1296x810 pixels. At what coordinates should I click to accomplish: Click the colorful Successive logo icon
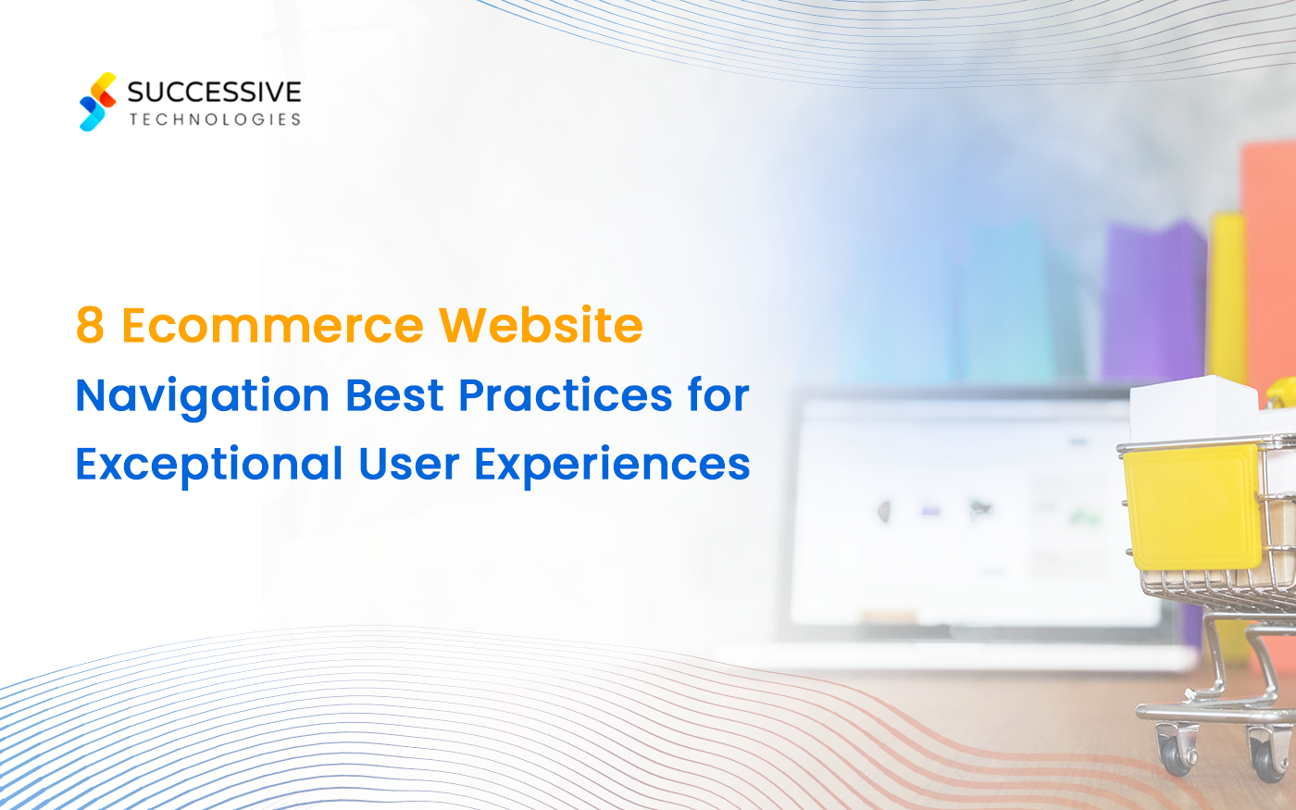(98, 102)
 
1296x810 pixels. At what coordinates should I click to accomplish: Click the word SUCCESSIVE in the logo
(214, 92)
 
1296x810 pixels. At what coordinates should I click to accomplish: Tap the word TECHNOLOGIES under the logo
(215, 119)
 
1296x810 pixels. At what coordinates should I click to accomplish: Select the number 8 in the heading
(90, 326)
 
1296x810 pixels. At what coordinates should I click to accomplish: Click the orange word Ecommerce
(272, 326)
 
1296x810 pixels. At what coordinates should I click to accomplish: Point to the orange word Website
(540, 326)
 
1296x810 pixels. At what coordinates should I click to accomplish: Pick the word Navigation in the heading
(203, 396)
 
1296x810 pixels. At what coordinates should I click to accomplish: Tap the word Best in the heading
(394, 396)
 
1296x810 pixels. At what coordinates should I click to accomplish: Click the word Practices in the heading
(566, 396)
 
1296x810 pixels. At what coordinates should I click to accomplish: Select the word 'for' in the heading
(718, 396)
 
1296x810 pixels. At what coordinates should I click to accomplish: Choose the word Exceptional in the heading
(209, 465)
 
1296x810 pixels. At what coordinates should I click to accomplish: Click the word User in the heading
(408, 465)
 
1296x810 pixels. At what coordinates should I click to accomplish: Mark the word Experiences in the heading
(612, 465)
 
